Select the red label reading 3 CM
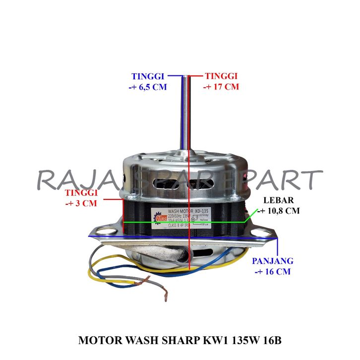[81, 203]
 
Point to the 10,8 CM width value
[278, 211]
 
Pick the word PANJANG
[272, 261]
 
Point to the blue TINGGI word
[147, 76]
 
